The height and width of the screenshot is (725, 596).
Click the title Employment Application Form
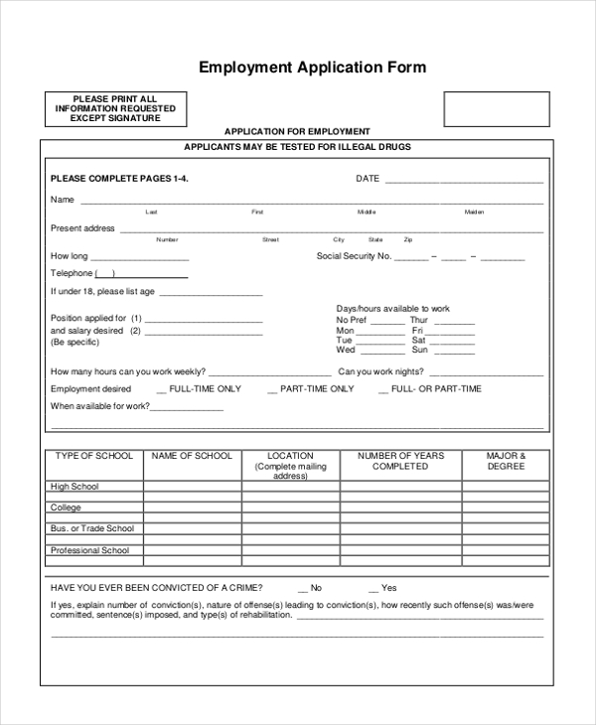tap(313, 68)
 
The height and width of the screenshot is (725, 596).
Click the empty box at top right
tap(496, 109)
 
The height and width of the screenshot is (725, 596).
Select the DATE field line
tap(464, 181)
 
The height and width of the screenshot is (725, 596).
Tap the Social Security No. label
tap(353, 256)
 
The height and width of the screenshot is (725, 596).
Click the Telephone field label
tap(72, 273)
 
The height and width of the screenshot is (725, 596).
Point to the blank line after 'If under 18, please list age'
tap(211, 294)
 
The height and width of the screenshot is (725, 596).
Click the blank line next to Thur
tap(454, 322)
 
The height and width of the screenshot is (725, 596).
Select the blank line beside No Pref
tap(387, 322)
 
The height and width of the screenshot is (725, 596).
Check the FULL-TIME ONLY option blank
tap(162, 390)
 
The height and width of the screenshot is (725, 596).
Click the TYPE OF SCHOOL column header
tap(93, 456)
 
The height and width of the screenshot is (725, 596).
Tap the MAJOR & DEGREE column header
tap(506, 461)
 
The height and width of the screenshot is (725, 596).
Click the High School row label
tap(74, 487)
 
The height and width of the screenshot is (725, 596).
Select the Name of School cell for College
tap(193, 507)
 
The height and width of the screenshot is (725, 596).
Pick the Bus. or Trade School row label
tap(92, 528)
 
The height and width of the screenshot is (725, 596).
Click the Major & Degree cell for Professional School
tap(506, 550)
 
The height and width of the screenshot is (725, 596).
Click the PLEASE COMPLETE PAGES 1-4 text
tap(119, 179)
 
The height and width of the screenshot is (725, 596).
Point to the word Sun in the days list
tap(419, 350)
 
